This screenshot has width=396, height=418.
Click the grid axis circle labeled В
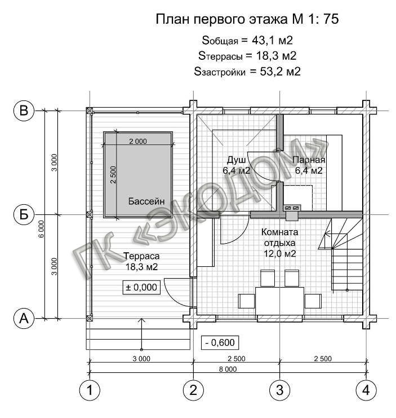pos(24,111)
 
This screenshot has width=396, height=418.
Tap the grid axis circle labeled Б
pos(24,214)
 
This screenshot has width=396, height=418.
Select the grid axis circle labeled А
pos(24,318)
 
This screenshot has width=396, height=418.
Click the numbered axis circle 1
pos(90,390)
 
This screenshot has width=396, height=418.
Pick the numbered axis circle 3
pos(280,390)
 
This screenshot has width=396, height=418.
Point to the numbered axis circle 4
pos(366,390)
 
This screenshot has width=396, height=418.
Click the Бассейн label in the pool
pos(146,201)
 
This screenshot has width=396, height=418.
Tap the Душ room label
pos(237,160)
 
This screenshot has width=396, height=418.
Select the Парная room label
pos(309,160)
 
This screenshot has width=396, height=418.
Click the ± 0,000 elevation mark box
pos(141,287)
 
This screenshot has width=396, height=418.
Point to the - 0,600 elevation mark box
pos(220,342)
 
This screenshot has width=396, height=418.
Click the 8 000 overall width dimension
pos(228,369)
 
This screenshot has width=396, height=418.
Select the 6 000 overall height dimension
pos(42,229)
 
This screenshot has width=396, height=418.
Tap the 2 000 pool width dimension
pos(138,141)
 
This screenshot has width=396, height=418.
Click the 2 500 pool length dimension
pos(113,175)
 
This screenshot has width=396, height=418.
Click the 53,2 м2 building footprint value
pos(280,72)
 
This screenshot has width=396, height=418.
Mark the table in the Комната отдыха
pos(279,301)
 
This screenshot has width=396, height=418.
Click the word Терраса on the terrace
pos(141,256)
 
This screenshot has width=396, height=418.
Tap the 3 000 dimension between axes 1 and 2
pos(141,359)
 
